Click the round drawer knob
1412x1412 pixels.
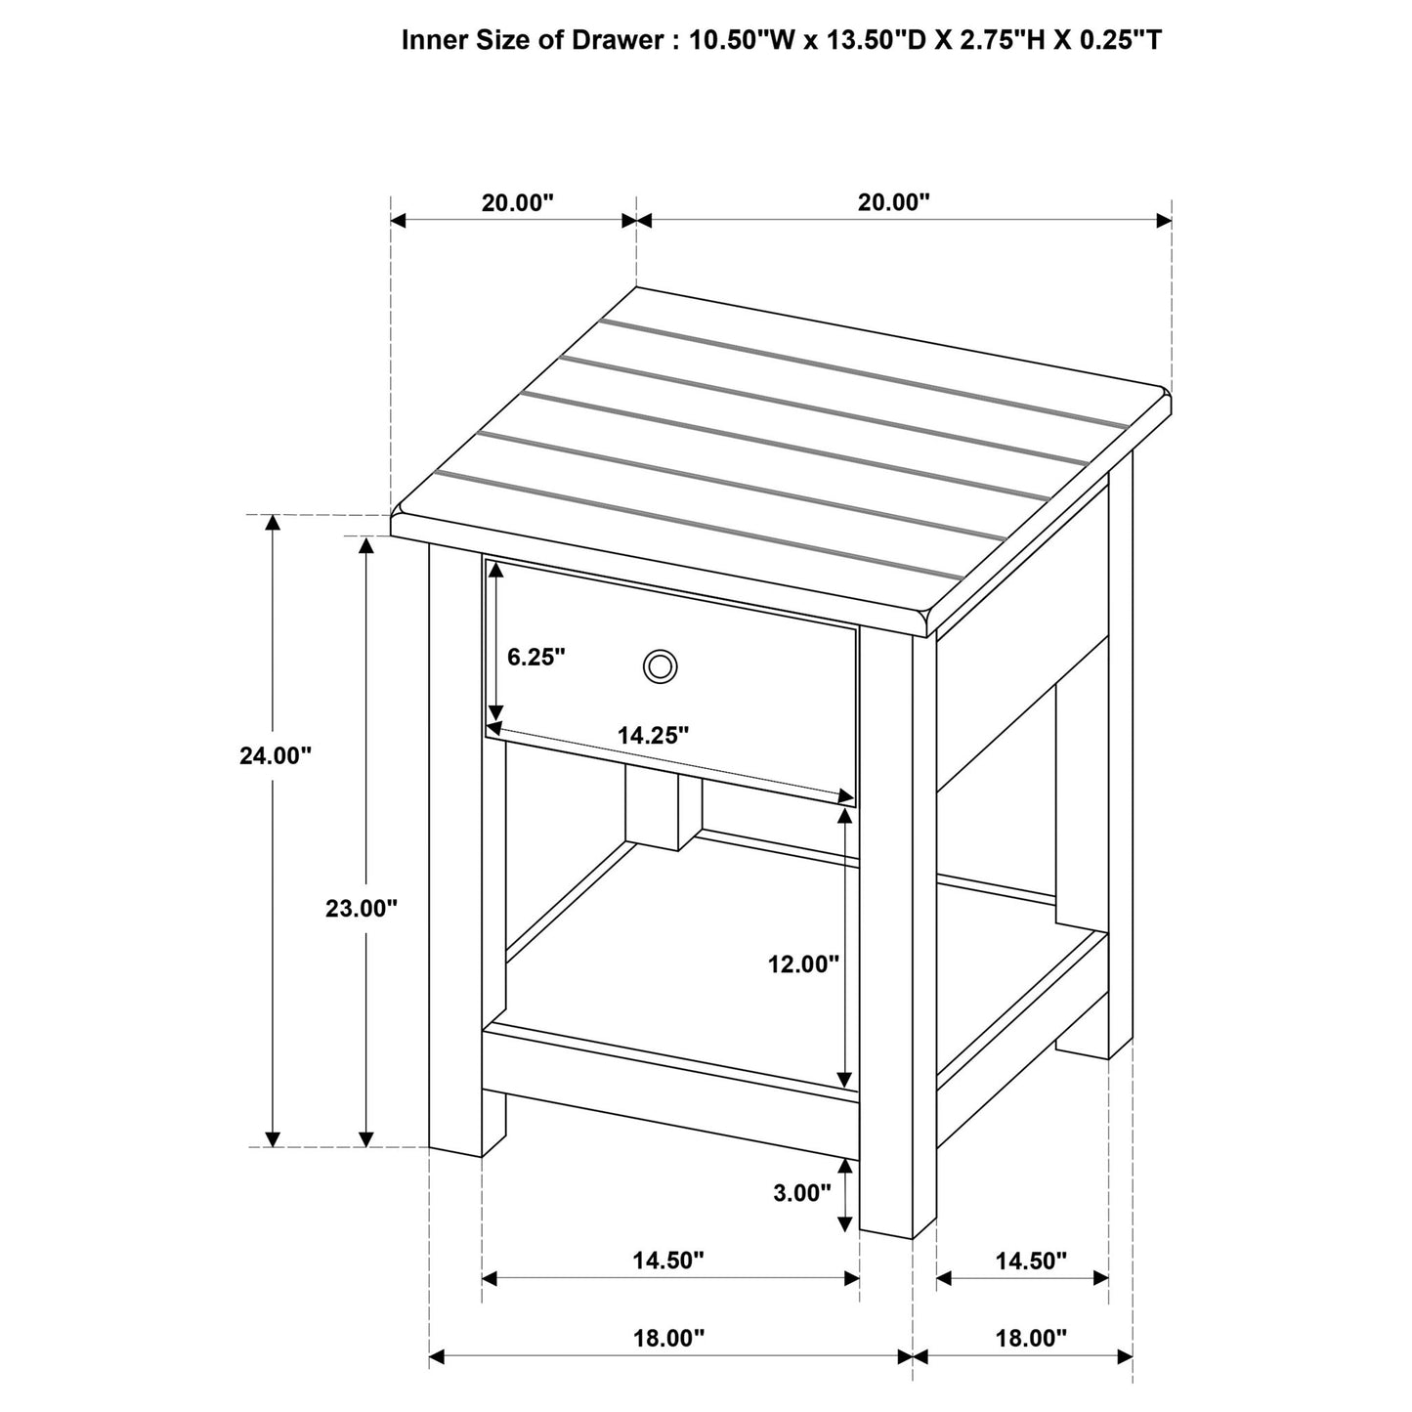coord(660,667)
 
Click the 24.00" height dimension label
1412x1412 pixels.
coord(276,755)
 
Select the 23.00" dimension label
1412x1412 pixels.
coord(362,909)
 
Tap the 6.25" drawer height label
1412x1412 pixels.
coord(536,657)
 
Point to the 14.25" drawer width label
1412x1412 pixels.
coord(653,736)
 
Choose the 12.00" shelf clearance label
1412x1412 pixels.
coord(803,964)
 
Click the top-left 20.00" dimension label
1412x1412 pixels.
coord(517,202)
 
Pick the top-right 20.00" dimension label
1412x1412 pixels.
coord(893,202)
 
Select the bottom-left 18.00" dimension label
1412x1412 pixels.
coord(668,1338)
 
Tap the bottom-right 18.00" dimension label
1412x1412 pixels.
coord(1032,1338)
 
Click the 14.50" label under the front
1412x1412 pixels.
coord(668,1261)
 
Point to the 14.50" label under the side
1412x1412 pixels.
coord(1032,1261)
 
